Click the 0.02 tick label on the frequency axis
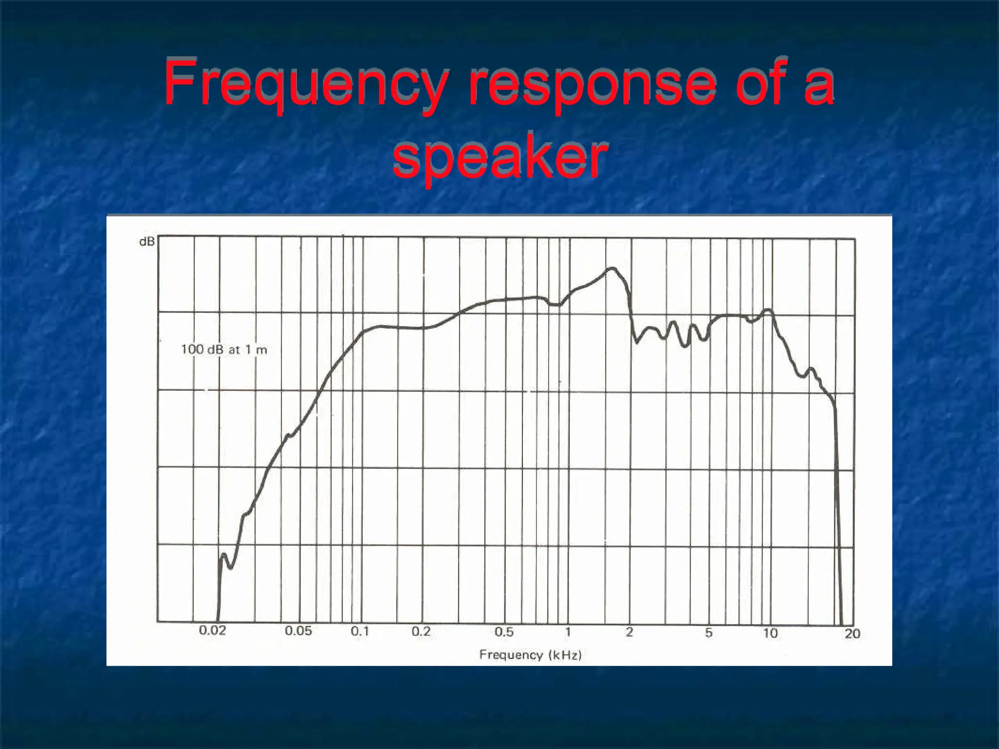[213, 631]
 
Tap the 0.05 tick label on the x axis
[298, 631]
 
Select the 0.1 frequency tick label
[360, 631]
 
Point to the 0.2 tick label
[421, 631]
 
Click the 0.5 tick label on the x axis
[504, 632]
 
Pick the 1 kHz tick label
[568, 632]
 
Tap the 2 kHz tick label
[629, 632]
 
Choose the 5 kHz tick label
[709, 633]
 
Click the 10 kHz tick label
[770, 633]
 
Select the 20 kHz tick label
[852, 633]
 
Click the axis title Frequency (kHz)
[530, 654]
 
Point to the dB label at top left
[147, 241]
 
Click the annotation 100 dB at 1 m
[224, 349]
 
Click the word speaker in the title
[499, 157]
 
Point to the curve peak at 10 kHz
[768, 310]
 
